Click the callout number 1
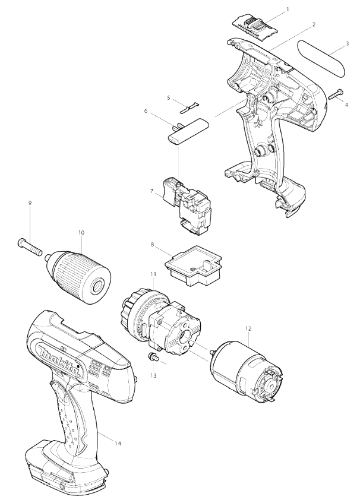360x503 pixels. [287, 10]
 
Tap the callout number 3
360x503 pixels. [347, 43]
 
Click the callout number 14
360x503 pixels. [118, 444]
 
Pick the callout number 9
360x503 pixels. [30, 203]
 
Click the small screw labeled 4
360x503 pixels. [336, 94]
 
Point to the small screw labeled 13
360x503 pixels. [153, 356]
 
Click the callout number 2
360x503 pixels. [314, 24]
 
